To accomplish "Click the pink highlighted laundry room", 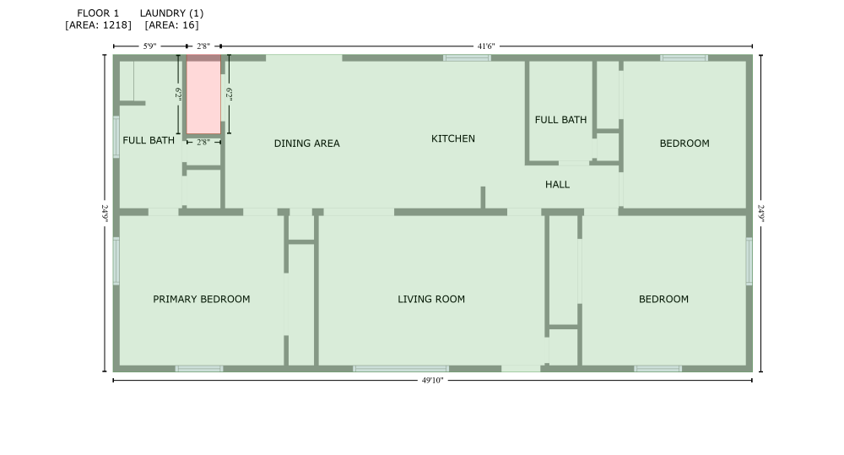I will point(203,96).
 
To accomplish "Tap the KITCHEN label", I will point(453,138).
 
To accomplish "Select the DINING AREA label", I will point(306,144).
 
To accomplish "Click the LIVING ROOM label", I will point(431,299).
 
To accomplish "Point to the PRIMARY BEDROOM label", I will point(201,299).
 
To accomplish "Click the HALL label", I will point(557,184).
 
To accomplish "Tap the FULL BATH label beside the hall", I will point(560,120).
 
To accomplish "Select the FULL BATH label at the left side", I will point(149,140).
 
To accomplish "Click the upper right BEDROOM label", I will point(684,144).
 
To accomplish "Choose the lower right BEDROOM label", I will point(663,299).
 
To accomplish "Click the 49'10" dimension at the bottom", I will point(432,381).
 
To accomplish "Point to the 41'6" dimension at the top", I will point(486,46).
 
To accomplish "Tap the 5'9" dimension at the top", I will point(149,46).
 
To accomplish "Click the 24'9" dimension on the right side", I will point(761,213).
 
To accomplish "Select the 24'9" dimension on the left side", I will point(105,213).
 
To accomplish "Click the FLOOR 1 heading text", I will point(98,14).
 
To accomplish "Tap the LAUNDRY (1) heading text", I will point(171,14).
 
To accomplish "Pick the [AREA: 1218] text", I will point(98,25).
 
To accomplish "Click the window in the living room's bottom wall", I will point(400,368).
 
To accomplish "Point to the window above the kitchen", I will point(467,58).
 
